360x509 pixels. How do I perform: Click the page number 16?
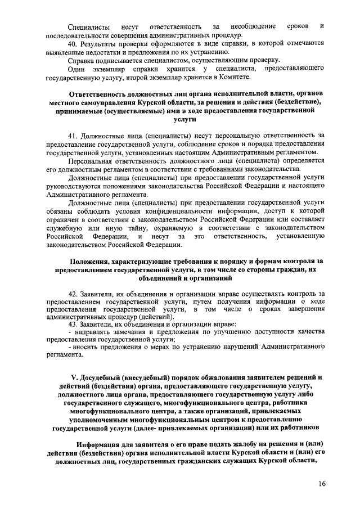[321, 484]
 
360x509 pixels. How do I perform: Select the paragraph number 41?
[73, 136]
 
